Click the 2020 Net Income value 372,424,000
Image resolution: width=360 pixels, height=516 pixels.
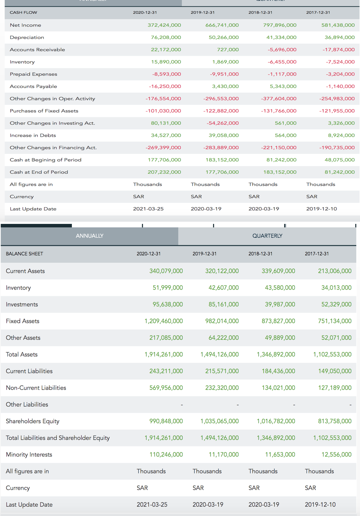point(164,25)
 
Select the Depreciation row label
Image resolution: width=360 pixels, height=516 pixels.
point(27,37)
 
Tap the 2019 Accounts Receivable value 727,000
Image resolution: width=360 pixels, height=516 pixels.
point(228,50)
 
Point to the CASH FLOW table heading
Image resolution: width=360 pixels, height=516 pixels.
point(23,13)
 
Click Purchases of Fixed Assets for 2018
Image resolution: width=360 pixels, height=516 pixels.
point(279,111)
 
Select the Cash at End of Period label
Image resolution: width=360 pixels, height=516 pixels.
point(39,172)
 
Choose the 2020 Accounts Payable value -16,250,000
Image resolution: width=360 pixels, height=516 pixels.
point(165,86)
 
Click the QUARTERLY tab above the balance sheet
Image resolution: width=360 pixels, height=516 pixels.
point(267,236)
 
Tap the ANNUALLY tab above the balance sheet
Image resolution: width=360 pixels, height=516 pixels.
point(90,236)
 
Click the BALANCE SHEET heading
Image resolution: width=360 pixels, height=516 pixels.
point(24,254)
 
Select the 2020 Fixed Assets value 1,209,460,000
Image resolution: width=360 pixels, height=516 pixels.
point(163,321)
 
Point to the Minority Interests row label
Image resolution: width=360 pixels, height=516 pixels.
point(29,454)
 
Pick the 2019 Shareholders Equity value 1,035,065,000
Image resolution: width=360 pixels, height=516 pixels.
point(219,421)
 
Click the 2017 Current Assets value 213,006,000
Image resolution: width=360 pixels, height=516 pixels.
point(334,271)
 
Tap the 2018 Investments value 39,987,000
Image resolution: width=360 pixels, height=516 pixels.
point(280,304)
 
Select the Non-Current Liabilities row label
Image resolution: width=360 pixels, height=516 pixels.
point(36,388)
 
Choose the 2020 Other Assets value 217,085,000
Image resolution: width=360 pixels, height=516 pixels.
point(166,338)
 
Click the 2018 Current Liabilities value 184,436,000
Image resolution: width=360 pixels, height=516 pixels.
point(278,371)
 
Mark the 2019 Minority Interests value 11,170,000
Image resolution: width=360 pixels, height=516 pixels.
point(223,454)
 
